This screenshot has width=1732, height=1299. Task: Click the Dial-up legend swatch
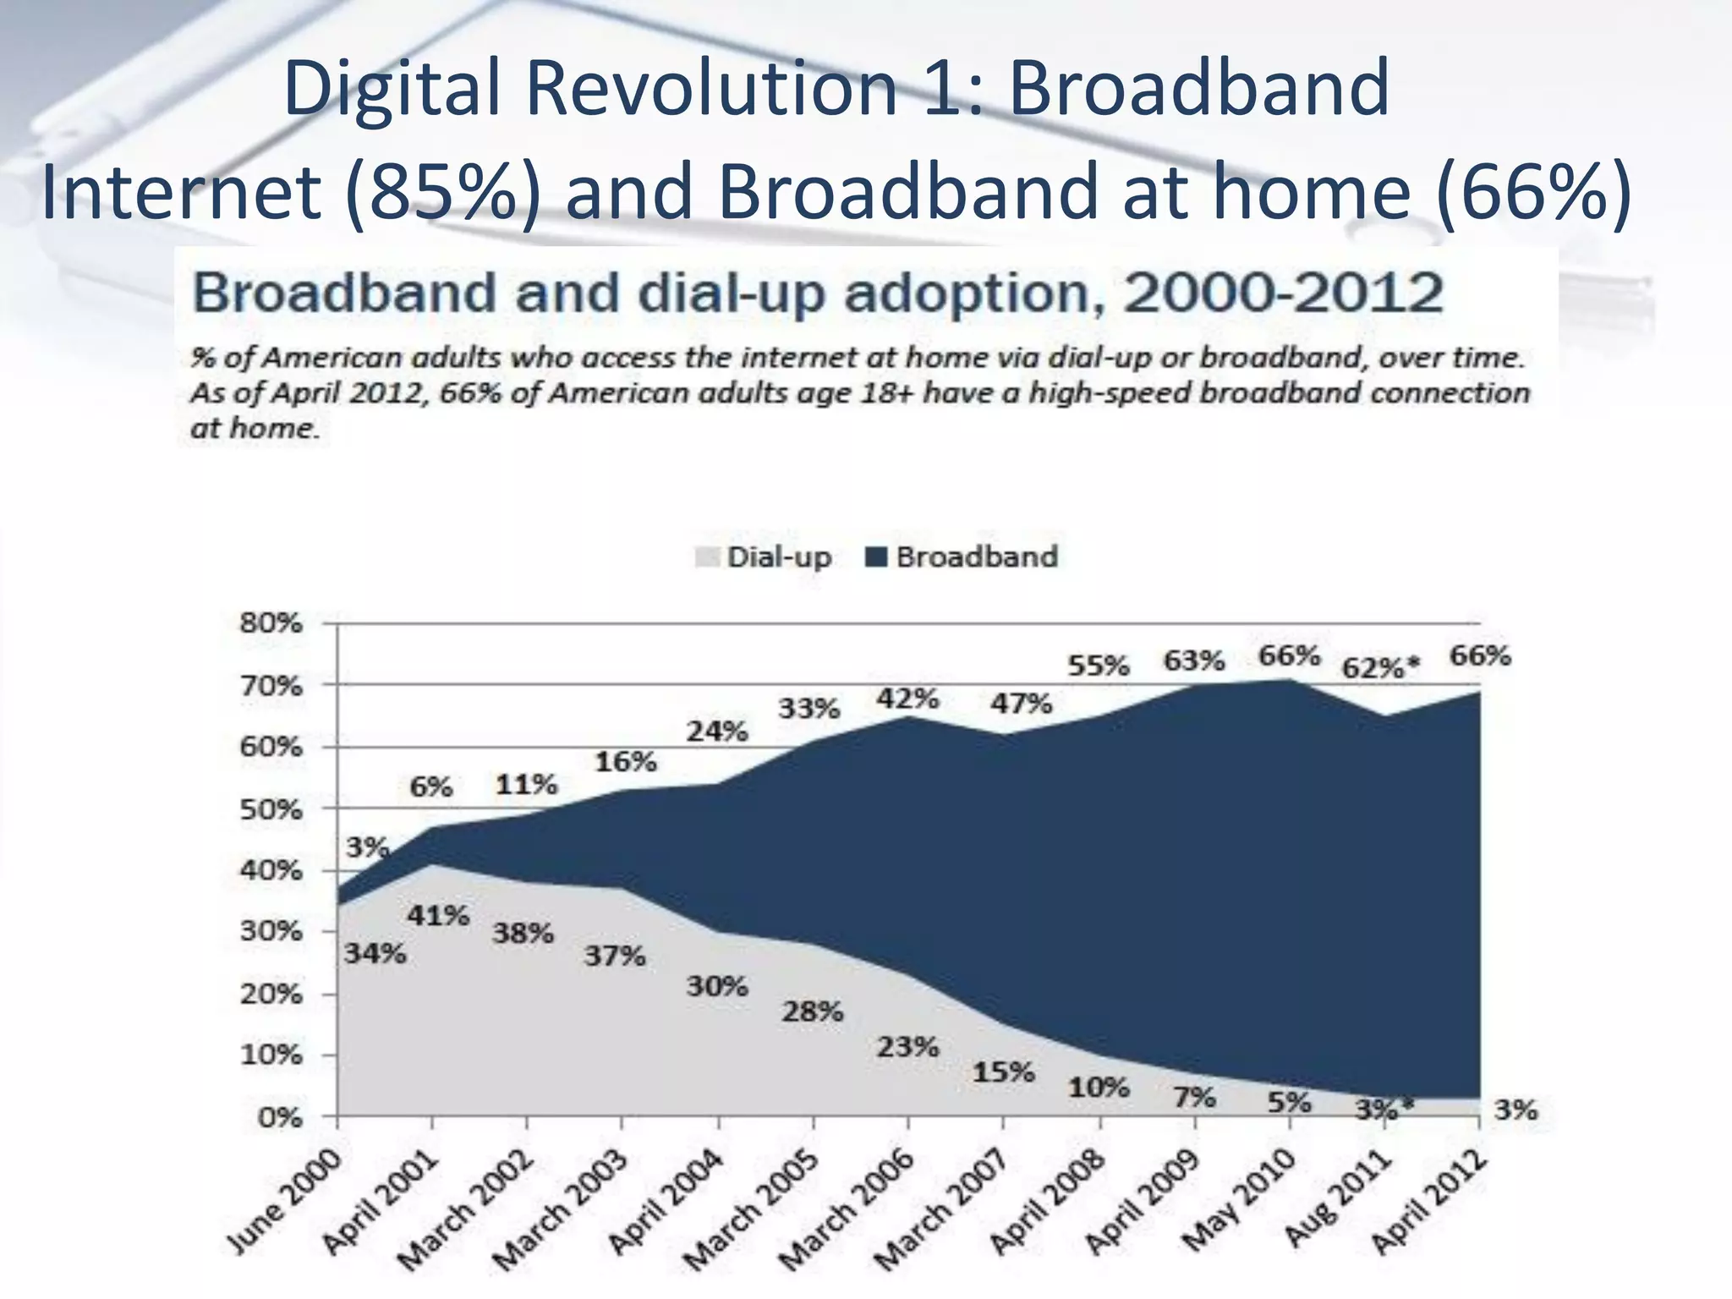(x=706, y=557)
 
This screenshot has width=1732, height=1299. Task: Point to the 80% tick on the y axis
(x=271, y=623)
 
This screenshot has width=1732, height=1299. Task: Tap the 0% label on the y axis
(x=280, y=1117)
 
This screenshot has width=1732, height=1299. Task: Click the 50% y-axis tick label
(x=271, y=809)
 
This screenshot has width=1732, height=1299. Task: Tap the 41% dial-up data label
(x=438, y=915)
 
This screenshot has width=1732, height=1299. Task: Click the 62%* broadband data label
(x=1380, y=668)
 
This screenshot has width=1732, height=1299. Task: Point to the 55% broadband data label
(x=1098, y=666)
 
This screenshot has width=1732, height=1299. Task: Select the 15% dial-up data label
(x=1003, y=1072)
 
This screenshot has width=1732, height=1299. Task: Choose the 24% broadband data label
(x=717, y=731)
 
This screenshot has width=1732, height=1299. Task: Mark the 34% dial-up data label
(x=375, y=954)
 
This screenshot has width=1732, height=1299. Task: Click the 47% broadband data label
(x=1021, y=703)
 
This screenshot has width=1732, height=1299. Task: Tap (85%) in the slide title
(x=444, y=193)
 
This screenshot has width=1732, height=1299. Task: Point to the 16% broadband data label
(x=625, y=762)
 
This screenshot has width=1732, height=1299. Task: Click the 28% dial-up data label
(x=812, y=1011)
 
